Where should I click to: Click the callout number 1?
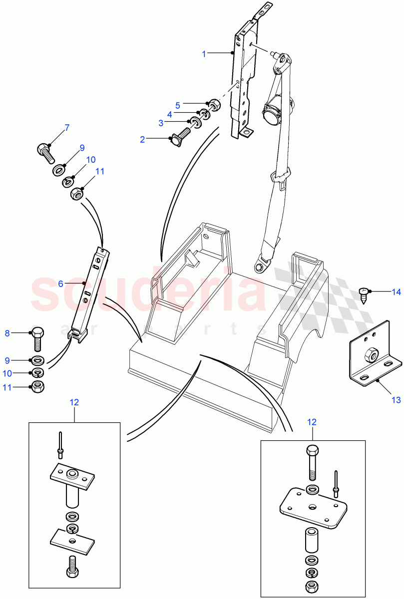pos(204,54)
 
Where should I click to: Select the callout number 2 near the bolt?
pos(142,140)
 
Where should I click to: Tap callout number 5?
pos(177,105)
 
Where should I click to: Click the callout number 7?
pos(67,129)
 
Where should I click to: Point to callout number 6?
pos(60,284)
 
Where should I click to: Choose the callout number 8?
pos(7,333)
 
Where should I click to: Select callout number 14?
pos(396,293)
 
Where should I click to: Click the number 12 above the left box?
pos(74,402)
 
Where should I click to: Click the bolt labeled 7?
pos(45,153)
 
